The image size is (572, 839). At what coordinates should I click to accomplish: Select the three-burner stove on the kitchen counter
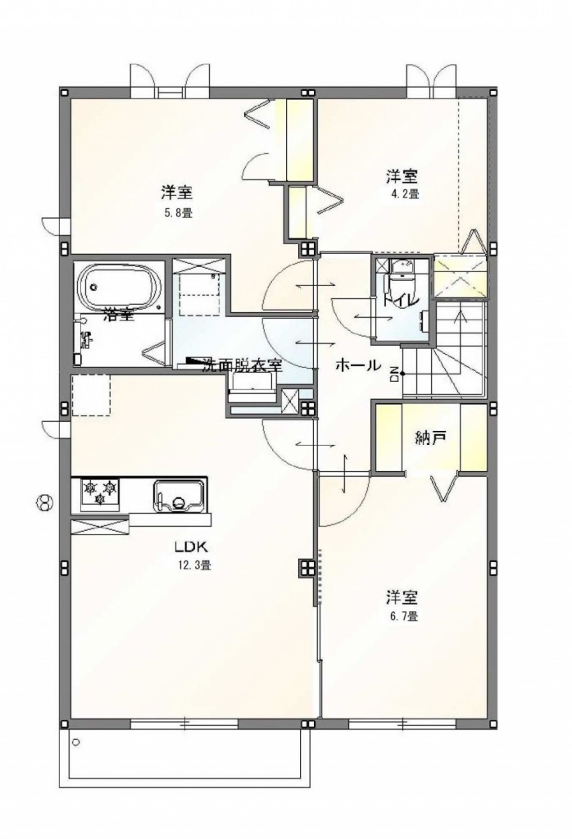click(100, 493)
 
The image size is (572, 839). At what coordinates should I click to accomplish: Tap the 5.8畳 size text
click(177, 212)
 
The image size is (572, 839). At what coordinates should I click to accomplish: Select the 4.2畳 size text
click(403, 194)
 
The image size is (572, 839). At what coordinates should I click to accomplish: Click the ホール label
click(356, 365)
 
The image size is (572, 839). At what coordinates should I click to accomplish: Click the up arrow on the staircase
click(460, 315)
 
